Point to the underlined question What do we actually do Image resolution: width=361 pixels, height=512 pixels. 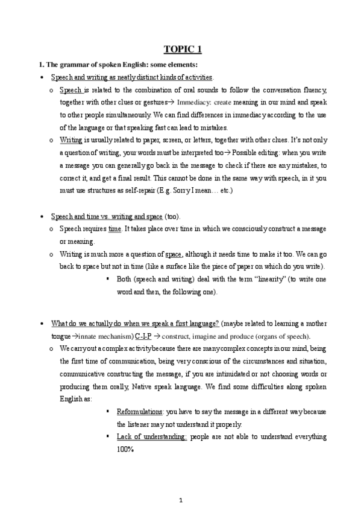[x=135, y=323]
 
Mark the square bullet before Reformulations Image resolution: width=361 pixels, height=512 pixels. [x=107, y=411]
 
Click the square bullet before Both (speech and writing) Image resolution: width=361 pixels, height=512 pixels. [x=107, y=280]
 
